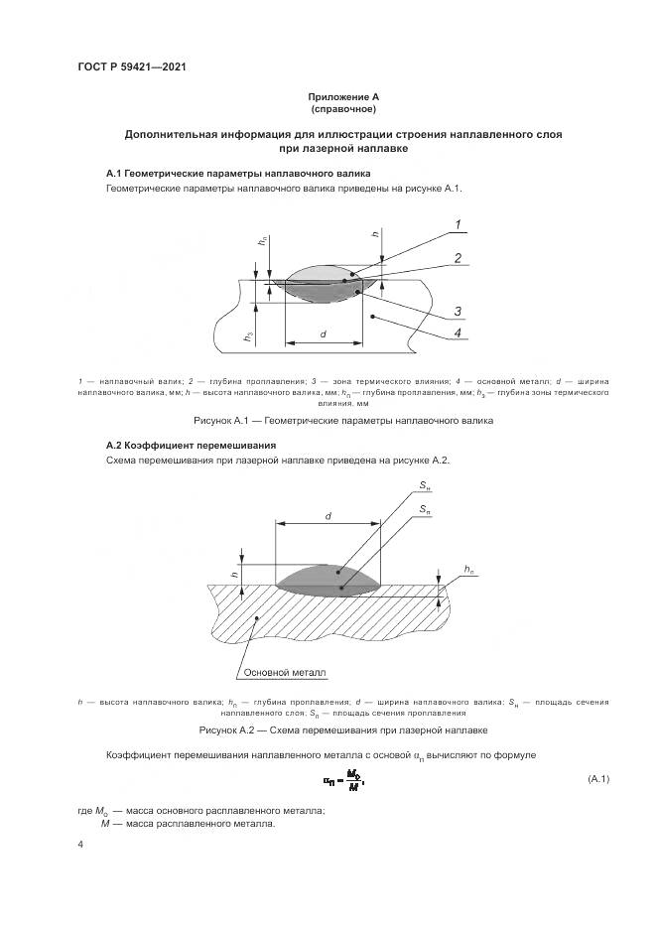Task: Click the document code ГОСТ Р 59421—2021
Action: [x=132, y=66]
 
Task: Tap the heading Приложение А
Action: [x=328, y=96]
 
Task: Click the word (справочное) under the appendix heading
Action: [x=328, y=108]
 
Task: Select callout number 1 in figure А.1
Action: [x=459, y=225]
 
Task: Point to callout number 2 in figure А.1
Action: [x=459, y=258]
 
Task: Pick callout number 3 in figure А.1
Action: [x=459, y=312]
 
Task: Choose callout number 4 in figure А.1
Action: [x=458, y=333]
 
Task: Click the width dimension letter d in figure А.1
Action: [x=324, y=334]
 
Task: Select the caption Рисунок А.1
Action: [x=327, y=421]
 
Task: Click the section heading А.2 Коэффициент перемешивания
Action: [x=190, y=446]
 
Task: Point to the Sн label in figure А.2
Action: [x=425, y=485]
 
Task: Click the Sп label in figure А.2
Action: [x=425, y=508]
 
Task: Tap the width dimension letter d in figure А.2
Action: [x=327, y=515]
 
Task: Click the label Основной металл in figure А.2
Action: [x=285, y=671]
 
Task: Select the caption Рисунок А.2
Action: [x=327, y=729]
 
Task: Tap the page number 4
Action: [x=80, y=844]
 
